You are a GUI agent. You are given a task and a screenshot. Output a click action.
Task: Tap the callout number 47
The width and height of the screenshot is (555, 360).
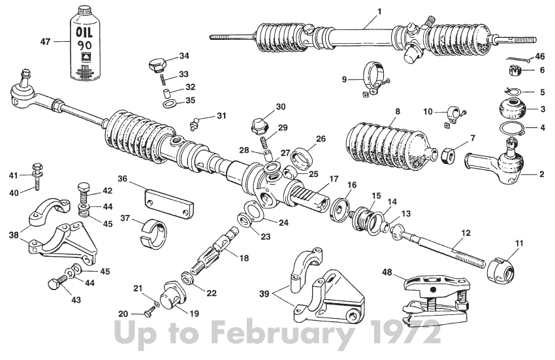tap(45, 41)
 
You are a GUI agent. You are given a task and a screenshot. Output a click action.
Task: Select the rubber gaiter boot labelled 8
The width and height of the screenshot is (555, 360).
tap(385, 143)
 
